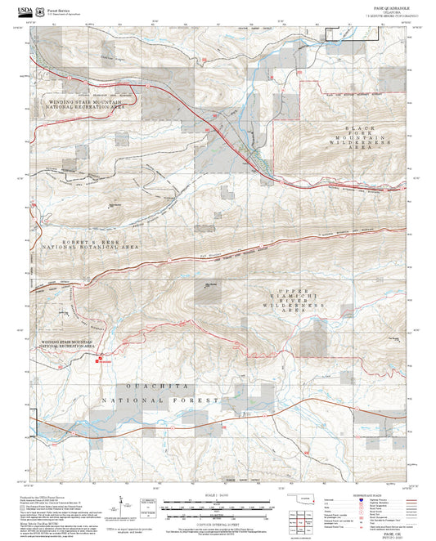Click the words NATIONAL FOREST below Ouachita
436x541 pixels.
point(160,401)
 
